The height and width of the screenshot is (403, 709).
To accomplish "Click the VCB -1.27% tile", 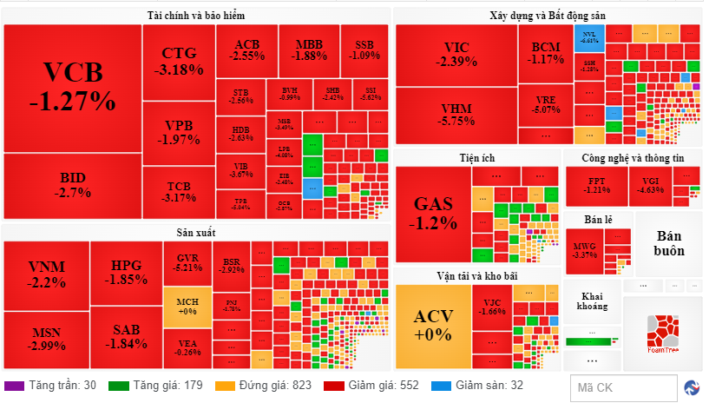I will pos(72,87).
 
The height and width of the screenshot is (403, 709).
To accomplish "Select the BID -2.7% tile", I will pos(72,185).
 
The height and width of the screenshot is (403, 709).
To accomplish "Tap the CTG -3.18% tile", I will pos(178,61).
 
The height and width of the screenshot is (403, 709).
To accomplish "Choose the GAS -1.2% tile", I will pos(433,213).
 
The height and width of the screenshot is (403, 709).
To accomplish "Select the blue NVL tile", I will pos(589,36).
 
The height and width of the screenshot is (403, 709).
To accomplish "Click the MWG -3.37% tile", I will pos(585,250).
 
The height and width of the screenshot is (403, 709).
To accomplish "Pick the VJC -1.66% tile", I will pos(491,306).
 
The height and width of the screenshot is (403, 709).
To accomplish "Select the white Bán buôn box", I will pos(669,244).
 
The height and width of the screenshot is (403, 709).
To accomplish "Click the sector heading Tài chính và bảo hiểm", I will pos(196,16).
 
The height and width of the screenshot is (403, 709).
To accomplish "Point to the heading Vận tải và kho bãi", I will pos(478,275).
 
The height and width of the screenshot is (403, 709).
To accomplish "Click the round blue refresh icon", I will pos(693,387).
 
